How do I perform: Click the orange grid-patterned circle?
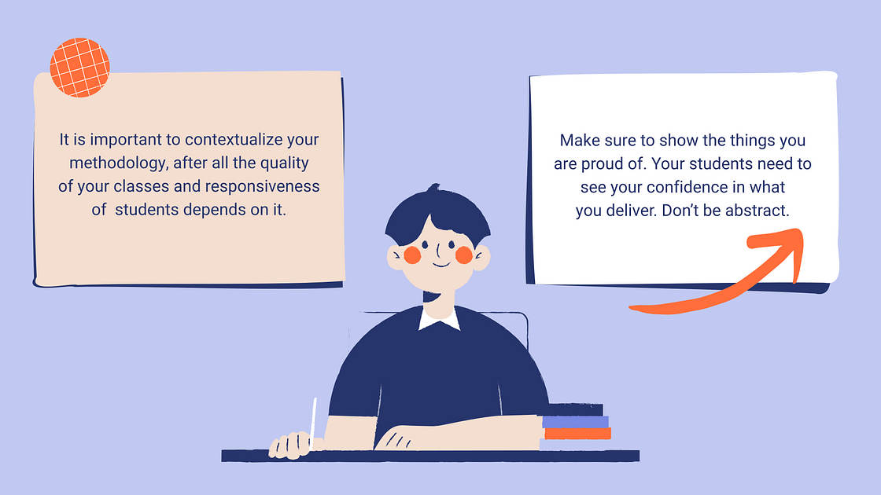point(79,67)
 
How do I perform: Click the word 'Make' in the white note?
point(578,141)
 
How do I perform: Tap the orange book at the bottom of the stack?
point(577,434)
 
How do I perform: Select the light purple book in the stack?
point(575,422)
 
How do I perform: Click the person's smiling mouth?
point(440,263)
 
